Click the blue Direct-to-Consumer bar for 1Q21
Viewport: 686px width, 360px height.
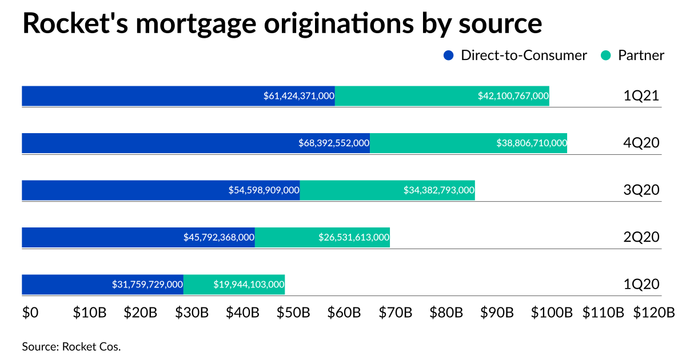point(143,96)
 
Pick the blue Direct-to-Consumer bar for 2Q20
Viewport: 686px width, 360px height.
point(103,237)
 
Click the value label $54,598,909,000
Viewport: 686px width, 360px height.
point(264,190)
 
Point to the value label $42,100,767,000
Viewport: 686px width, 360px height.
point(513,96)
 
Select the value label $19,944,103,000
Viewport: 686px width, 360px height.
point(249,285)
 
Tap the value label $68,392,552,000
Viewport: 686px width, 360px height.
point(334,143)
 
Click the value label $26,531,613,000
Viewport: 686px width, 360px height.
point(354,237)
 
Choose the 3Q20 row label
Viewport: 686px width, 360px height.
point(641,190)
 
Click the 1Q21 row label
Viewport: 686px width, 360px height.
point(641,96)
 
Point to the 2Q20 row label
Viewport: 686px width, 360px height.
point(641,237)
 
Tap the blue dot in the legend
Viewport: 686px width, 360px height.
point(449,55)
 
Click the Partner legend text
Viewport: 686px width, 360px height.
point(641,55)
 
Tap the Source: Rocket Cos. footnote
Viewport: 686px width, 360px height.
point(71,346)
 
